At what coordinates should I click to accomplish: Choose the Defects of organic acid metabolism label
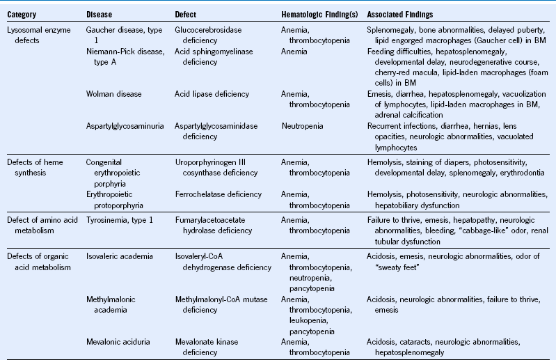[x=39, y=262]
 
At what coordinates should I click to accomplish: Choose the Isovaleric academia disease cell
[x=119, y=256]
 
